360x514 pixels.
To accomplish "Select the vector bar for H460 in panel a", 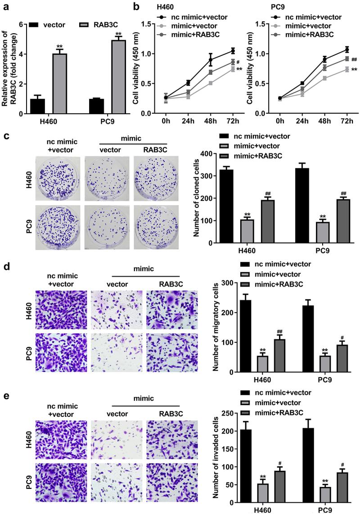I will (x=37, y=106).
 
